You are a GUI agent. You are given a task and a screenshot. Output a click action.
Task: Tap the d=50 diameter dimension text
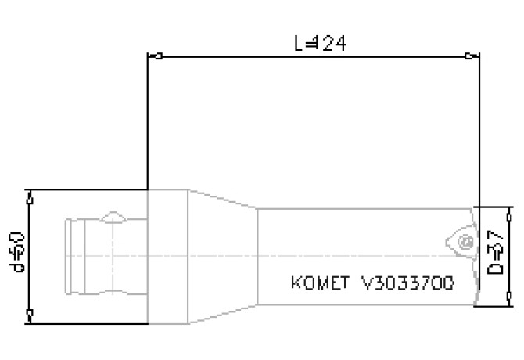[x=17, y=252]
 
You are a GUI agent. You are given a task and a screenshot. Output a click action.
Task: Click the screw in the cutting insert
[x=465, y=241]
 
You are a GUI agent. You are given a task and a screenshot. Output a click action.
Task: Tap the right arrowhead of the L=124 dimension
[x=468, y=56]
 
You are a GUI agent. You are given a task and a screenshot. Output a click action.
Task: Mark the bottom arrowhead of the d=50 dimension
[x=29, y=314]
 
